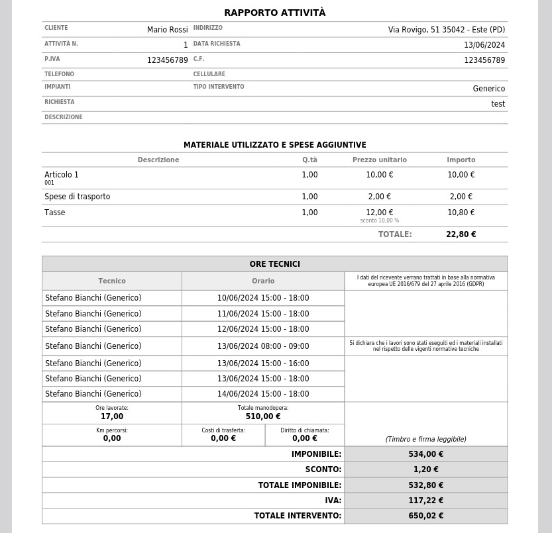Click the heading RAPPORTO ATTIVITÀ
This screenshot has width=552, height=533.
click(274, 13)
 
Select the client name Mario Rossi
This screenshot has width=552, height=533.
click(167, 30)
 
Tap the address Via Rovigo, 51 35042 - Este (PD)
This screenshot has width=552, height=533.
click(446, 30)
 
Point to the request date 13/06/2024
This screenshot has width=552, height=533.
click(484, 45)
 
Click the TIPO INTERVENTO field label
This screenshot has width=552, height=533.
click(219, 87)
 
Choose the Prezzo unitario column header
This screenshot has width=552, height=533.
click(379, 160)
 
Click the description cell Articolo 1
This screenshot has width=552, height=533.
click(62, 175)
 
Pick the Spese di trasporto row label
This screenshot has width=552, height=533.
click(77, 197)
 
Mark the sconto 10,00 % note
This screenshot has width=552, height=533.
click(379, 220)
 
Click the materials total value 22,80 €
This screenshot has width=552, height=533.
click(461, 234)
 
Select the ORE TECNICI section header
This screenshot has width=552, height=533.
click(274, 264)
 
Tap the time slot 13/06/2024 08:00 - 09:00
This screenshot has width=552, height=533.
click(262, 346)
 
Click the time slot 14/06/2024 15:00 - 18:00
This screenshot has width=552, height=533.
click(262, 394)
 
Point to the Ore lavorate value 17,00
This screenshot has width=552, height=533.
click(112, 416)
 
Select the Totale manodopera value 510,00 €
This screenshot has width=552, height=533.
click(262, 416)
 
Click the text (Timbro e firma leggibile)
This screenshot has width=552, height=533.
click(425, 439)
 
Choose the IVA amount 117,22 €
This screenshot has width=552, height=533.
click(425, 501)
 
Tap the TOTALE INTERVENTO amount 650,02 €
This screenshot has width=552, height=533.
click(425, 516)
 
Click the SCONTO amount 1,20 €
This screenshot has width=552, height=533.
click(425, 469)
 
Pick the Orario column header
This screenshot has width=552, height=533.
click(262, 281)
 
